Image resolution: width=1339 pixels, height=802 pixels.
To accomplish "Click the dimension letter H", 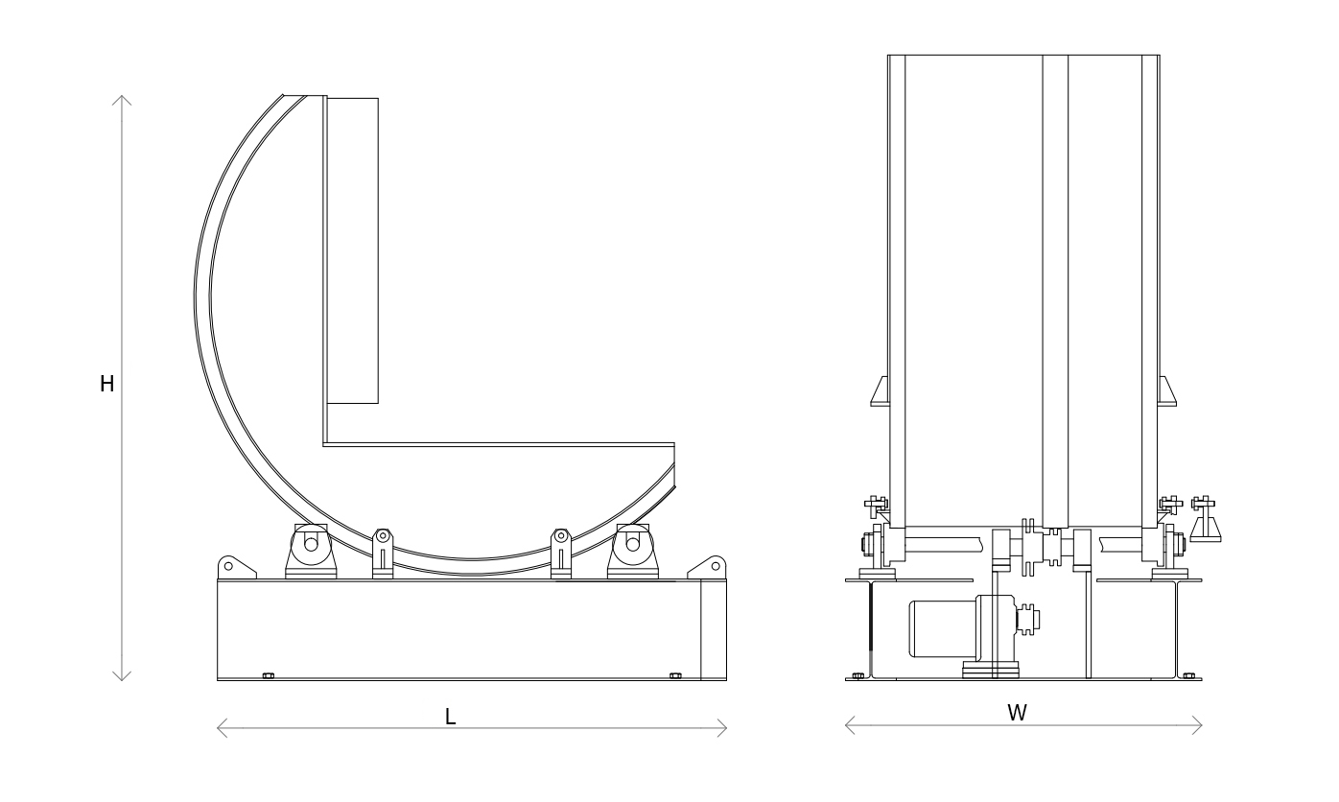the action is point(107,384).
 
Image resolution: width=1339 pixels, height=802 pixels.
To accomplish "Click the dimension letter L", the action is point(451,717).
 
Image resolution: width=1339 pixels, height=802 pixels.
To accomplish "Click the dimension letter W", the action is point(1017,713).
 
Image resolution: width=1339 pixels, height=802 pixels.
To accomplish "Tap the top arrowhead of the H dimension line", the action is point(122,96).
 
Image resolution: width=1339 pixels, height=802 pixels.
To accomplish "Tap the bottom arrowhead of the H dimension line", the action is point(122,680).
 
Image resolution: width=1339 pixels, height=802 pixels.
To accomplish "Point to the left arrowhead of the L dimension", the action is point(218,728).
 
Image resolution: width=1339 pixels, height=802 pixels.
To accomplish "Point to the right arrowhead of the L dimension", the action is point(726,728).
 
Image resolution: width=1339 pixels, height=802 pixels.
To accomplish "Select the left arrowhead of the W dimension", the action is point(846,725).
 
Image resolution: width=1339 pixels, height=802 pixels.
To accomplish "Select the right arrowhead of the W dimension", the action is point(1201,725).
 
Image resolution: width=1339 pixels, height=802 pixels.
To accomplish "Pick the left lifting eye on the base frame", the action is point(228,566).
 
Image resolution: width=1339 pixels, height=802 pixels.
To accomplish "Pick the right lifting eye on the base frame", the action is point(715,566).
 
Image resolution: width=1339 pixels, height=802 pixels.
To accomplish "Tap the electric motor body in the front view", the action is point(943,628).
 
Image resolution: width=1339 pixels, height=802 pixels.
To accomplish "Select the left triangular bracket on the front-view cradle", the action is point(880,391).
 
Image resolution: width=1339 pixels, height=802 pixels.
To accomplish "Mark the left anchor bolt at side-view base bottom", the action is point(269,675).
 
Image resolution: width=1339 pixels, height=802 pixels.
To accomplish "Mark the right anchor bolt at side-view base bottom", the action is point(675,675).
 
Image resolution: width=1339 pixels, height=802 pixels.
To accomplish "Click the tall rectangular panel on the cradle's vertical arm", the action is point(353,250).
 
